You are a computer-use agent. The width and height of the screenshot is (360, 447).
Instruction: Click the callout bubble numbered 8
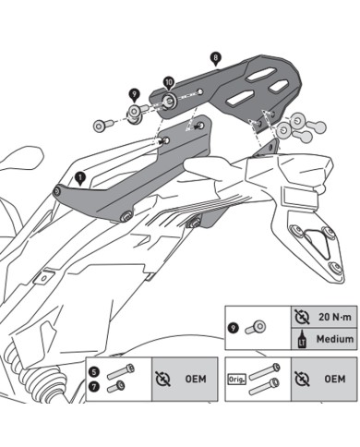tap(215, 57)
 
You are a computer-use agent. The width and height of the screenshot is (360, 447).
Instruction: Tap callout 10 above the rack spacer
tap(168, 83)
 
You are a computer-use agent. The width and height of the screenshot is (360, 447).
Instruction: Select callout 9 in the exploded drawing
tap(135, 94)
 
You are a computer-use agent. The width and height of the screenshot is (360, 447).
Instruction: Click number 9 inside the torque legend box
tap(235, 327)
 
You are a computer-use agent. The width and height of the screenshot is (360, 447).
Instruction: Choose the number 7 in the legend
tap(95, 387)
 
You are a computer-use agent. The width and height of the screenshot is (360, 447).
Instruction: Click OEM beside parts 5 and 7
tap(195, 379)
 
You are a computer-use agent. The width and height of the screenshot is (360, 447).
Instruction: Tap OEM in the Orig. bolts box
tap(335, 379)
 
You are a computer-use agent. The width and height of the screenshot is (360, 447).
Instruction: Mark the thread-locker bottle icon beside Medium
tap(302, 339)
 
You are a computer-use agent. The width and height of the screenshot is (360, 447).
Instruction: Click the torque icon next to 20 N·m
tap(302, 316)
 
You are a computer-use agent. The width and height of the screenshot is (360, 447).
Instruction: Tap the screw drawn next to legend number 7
tap(115, 387)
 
